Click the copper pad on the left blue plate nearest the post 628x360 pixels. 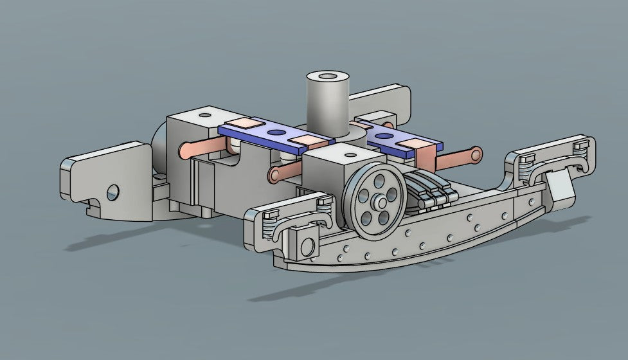tap(303, 141)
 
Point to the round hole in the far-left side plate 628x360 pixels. tap(113, 192)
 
